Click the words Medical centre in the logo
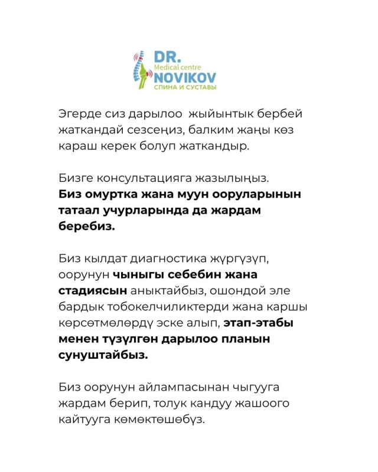click(176, 67)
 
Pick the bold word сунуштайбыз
click(103, 356)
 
